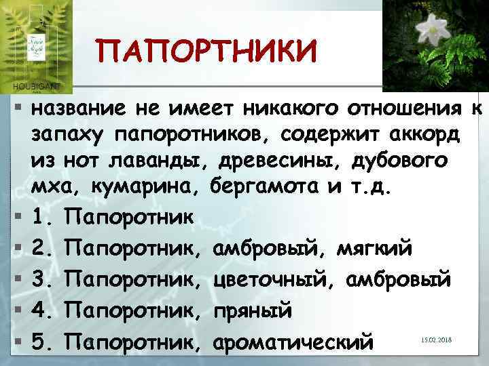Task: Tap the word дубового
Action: [400, 162]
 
